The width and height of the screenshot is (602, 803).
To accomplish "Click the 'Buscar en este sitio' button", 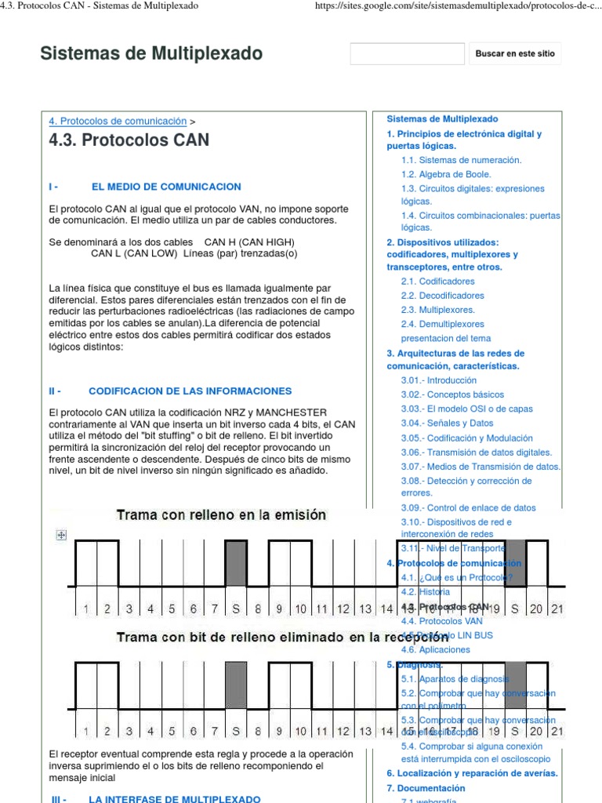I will [514, 54].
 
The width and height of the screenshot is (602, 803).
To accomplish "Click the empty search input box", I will [396, 54].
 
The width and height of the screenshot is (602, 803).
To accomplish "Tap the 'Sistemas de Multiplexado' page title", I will [151, 53].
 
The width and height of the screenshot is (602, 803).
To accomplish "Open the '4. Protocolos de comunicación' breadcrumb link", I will [118, 122].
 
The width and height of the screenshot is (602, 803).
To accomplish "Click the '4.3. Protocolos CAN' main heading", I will [129, 141].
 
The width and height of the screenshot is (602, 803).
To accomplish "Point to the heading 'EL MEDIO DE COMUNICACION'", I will [166, 187].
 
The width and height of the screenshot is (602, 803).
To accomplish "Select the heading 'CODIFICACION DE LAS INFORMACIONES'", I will [190, 391].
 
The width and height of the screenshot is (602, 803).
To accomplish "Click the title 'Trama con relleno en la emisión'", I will [221, 515].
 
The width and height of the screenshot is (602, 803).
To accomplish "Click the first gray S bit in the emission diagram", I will [236, 563].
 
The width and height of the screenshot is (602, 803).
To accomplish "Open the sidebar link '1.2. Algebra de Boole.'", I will [446, 174].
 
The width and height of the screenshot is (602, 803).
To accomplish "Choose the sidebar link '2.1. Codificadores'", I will [437, 281].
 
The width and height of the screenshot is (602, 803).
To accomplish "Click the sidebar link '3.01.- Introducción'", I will [438, 380].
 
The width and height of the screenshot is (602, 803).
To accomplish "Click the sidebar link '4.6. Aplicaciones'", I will [435, 649].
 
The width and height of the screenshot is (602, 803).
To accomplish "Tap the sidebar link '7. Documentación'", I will [426, 788].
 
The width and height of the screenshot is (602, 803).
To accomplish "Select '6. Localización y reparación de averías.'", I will [472, 773].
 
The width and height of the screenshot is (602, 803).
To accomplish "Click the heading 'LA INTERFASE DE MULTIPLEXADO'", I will [174, 798].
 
